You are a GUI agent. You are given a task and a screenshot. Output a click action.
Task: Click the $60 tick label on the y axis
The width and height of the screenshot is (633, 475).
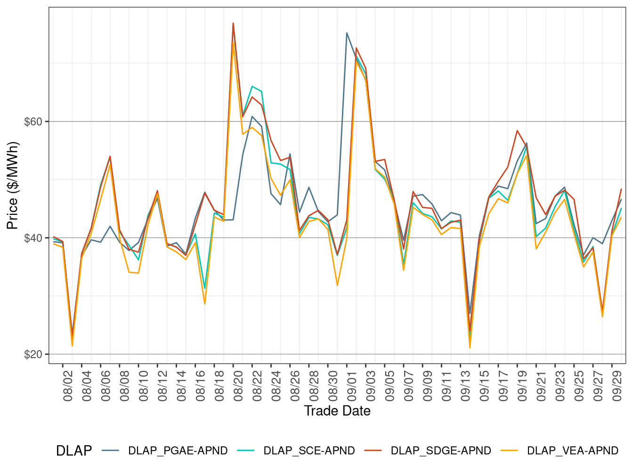(33, 122)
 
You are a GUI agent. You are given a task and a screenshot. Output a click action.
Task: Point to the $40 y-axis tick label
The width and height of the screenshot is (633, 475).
(33, 238)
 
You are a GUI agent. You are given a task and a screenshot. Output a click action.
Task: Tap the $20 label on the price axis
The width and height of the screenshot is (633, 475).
(33, 354)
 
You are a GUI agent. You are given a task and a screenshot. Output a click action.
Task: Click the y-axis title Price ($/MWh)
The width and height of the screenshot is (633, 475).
(12, 186)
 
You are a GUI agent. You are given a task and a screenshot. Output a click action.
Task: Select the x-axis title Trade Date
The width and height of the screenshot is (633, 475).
(337, 411)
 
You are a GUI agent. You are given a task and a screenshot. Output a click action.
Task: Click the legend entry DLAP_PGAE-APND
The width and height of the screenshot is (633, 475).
(178, 451)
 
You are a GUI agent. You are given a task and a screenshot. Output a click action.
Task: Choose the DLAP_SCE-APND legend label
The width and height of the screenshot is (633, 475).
(309, 451)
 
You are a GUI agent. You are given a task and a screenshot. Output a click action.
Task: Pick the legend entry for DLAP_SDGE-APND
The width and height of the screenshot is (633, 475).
(441, 451)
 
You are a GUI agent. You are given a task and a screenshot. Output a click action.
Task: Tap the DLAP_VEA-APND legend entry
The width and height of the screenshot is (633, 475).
(572, 451)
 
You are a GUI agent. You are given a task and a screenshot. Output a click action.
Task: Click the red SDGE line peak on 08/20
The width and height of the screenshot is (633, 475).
(233, 23)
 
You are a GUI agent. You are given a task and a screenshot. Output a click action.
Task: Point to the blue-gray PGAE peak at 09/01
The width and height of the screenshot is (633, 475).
(347, 33)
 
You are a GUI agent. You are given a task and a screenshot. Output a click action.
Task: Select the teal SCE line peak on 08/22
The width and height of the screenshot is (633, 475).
(252, 86)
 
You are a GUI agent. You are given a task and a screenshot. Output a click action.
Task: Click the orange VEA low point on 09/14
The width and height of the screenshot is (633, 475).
(470, 348)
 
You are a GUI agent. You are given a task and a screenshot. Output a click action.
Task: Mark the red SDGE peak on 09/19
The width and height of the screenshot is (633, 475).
(517, 131)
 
